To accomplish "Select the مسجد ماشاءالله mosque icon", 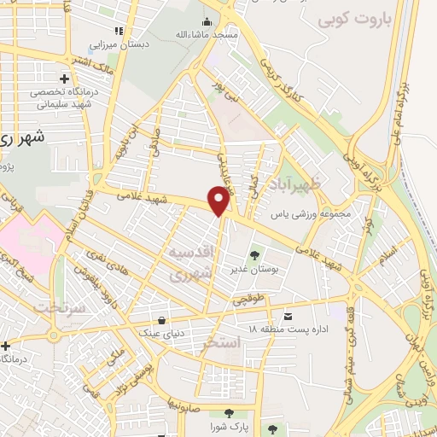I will click(x=205, y=22).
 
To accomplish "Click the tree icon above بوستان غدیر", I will click(x=254, y=253).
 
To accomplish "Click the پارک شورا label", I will click(x=231, y=425).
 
